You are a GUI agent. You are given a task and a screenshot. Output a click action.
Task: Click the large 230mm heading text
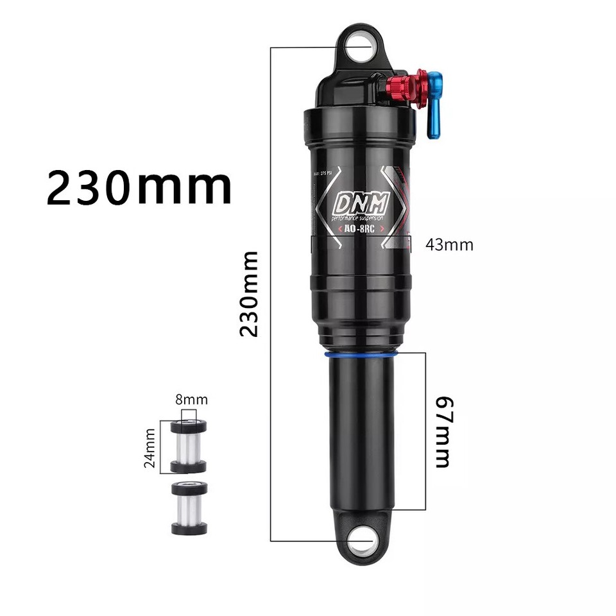pyautogui.click(x=139, y=187)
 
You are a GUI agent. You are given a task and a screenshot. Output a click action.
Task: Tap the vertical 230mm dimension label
pyautogui.click(x=249, y=294)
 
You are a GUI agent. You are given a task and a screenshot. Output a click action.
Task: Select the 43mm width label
pyautogui.click(x=449, y=244)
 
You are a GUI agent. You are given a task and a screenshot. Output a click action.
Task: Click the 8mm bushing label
pyautogui.click(x=191, y=400)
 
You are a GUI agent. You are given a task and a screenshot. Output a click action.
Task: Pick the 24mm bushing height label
pyautogui.click(x=150, y=447)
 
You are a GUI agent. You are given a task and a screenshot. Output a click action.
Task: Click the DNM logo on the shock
pyautogui.click(x=360, y=204)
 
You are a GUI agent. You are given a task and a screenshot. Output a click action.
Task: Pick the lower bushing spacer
pyautogui.click(x=189, y=508)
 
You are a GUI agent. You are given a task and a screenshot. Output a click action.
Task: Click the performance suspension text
pyautogui.click(x=358, y=218)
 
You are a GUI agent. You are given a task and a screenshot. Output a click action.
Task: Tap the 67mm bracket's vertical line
pyautogui.click(x=425, y=431)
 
